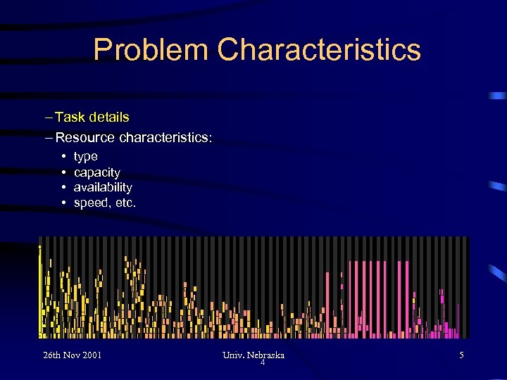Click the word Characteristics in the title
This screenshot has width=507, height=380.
(319, 51)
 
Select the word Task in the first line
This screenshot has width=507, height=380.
(70, 117)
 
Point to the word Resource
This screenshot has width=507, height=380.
(85, 137)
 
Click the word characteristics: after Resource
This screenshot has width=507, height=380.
(165, 137)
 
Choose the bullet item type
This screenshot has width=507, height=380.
(85, 157)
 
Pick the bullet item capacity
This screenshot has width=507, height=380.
(96, 172)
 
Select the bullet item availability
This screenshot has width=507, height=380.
(103, 188)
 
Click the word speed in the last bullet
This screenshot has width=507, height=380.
(90, 203)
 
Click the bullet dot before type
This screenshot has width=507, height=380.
(63, 157)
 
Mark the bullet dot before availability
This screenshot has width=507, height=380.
(63, 188)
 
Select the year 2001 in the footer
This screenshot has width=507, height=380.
(91, 355)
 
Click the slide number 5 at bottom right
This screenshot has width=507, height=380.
(461, 355)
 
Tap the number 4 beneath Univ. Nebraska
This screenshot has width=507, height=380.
(262, 363)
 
